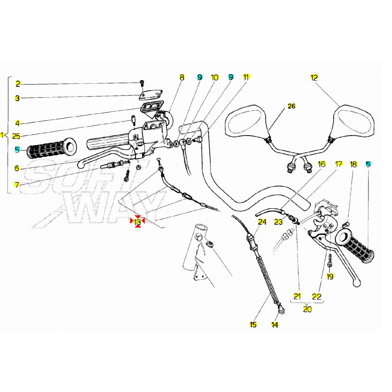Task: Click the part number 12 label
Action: click(x=314, y=78)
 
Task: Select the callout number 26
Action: click(x=292, y=106)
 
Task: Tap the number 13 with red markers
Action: click(x=138, y=222)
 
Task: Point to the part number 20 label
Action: click(x=308, y=309)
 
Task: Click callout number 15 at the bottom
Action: click(x=253, y=325)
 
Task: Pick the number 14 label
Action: click(x=274, y=325)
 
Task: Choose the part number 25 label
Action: click(x=16, y=136)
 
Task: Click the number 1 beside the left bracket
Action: click(x=2, y=135)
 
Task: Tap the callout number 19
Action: click(x=330, y=277)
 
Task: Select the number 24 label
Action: click(x=262, y=222)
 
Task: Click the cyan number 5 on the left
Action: click(x=17, y=150)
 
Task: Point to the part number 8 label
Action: click(x=182, y=77)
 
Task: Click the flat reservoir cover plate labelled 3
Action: click(x=151, y=95)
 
